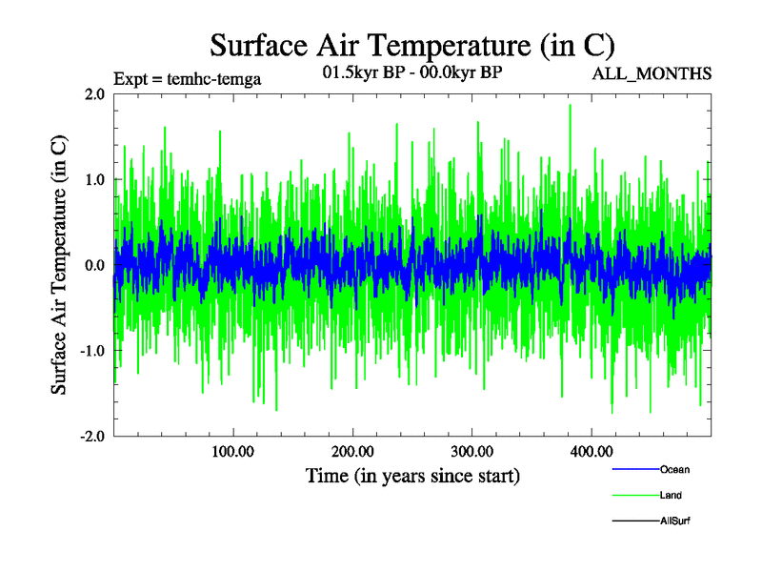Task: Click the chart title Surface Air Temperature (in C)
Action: (x=411, y=45)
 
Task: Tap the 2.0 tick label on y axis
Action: (x=94, y=94)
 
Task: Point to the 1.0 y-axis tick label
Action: (x=94, y=179)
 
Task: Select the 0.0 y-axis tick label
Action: (x=94, y=265)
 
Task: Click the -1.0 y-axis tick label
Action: (x=91, y=351)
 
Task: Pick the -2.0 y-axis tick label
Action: (x=91, y=437)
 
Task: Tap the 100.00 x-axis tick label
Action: (x=232, y=451)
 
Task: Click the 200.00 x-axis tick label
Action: (x=352, y=451)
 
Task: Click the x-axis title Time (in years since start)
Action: (x=412, y=475)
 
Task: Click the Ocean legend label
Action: (x=674, y=469)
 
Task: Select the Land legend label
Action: (x=671, y=496)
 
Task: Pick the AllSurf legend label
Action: (x=674, y=521)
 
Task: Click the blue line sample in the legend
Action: (x=634, y=469)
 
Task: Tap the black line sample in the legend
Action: (x=634, y=521)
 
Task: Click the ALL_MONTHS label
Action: (x=652, y=74)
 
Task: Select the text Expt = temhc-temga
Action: (x=187, y=79)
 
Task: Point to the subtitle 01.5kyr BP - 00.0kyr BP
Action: (x=412, y=71)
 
